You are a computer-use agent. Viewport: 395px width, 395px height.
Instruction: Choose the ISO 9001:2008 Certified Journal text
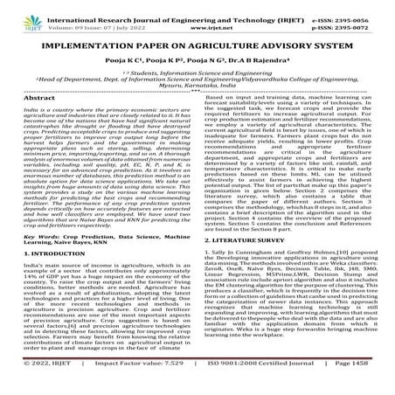(253, 383)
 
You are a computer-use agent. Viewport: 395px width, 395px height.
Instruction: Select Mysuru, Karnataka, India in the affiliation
(197, 98)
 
